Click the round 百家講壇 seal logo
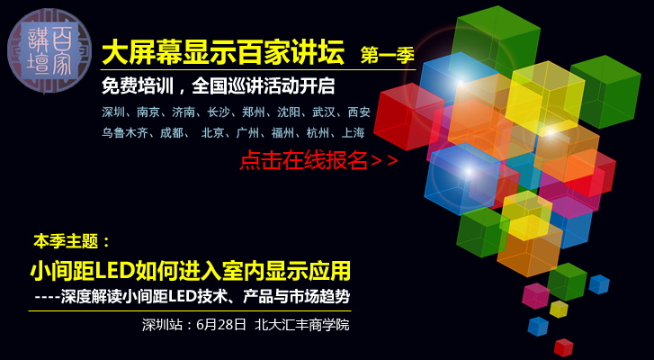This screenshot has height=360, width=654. (49, 50)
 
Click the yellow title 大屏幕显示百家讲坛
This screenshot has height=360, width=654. (223, 52)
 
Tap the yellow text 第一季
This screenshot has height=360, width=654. (388, 55)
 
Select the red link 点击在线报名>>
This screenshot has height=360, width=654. (319, 160)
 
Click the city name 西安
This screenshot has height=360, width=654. (359, 112)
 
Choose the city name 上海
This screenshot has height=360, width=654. (353, 133)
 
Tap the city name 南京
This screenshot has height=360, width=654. (148, 112)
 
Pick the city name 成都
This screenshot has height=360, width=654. (172, 133)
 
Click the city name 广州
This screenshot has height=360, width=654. (247, 133)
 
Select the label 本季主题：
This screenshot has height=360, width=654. (72, 241)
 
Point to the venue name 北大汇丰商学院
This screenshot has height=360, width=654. (302, 325)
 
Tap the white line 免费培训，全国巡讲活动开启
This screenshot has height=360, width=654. (218, 86)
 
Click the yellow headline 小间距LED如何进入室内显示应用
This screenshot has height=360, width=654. (190, 272)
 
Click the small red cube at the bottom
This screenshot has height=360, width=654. (563, 347)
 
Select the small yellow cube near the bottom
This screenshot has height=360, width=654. (559, 309)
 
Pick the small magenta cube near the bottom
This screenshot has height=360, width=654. (536, 296)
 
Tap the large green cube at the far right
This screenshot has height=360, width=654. (605, 92)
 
